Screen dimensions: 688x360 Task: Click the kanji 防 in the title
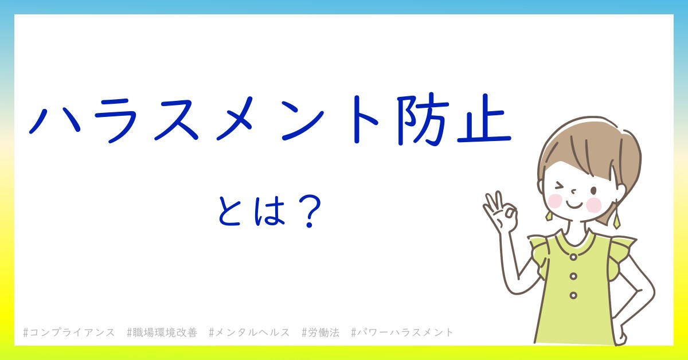(x=421, y=120)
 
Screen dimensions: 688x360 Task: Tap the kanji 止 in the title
(x=484, y=119)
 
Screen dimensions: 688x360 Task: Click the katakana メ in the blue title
(x=234, y=119)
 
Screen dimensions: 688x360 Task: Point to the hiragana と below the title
(x=229, y=212)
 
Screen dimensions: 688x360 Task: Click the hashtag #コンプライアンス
(x=69, y=332)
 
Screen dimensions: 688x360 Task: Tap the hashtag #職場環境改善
(x=162, y=332)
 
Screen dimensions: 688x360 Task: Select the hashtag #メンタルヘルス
(x=249, y=332)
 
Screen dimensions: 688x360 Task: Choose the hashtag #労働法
(x=320, y=332)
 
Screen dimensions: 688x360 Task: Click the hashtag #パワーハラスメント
(x=402, y=332)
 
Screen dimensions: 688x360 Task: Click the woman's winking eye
(x=560, y=186)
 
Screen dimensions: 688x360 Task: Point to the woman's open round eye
(x=594, y=191)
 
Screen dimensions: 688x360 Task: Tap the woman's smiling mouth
(x=574, y=205)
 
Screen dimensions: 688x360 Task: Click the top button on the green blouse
(x=573, y=257)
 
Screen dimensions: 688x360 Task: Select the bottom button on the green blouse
(x=573, y=295)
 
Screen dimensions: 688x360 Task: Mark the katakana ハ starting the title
(x=54, y=122)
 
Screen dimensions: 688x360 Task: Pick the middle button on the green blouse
(x=573, y=276)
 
